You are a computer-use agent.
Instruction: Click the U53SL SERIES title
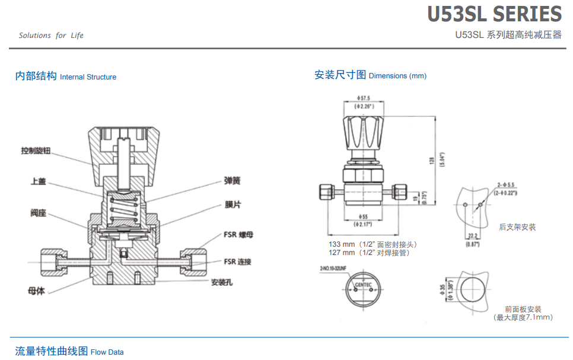point(494,14)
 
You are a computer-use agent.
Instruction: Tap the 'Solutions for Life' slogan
point(51,36)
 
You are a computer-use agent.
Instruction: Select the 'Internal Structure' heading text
point(88,77)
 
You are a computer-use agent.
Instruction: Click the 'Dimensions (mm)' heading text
point(397,76)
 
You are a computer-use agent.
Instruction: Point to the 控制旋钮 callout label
point(36,151)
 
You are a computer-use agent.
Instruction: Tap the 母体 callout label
point(36,291)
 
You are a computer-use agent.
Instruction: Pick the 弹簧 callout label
point(232,180)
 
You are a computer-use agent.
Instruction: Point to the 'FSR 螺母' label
point(238,235)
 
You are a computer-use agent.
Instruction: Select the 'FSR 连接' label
point(237,262)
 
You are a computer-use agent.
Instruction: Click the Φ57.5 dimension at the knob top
point(363,98)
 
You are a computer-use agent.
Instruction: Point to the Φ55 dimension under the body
point(362,216)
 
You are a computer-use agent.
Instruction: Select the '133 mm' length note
point(342,244)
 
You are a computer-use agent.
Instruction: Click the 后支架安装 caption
point(517,227)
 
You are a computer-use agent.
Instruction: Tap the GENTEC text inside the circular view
point(364,285)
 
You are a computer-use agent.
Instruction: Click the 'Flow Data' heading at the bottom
point(107,352)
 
